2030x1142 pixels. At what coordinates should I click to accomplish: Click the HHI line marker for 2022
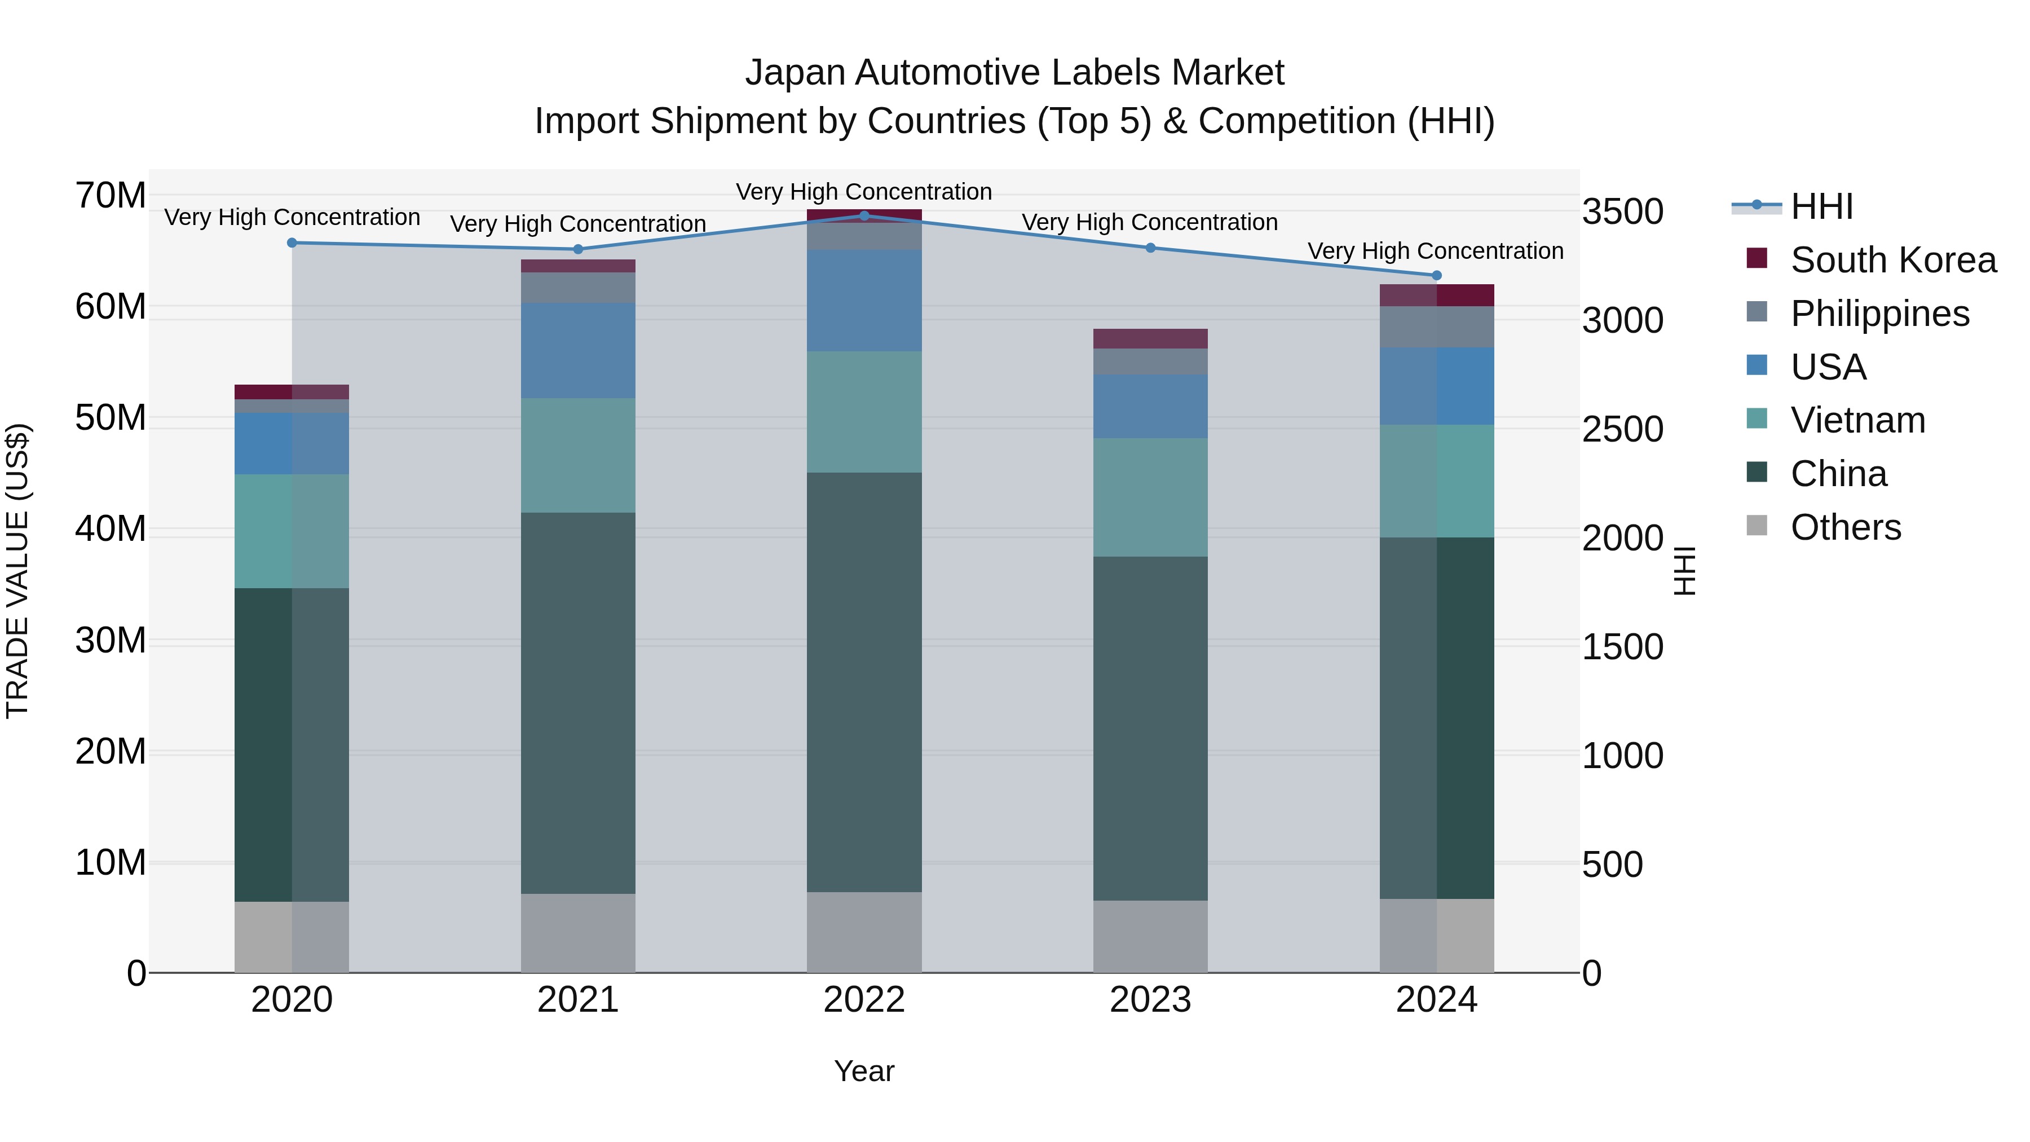point(864,215)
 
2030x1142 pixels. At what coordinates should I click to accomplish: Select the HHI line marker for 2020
point(292,242)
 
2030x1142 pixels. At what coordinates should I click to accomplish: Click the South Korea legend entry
point(1893,260)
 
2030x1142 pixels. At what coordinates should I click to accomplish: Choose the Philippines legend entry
point(1879,314)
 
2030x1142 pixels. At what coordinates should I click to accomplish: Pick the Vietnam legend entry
point(1857,420)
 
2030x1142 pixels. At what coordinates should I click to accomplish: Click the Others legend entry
point(1845,527)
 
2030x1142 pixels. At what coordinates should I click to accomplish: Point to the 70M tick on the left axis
point(111,196)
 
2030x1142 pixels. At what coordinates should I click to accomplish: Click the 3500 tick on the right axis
point(1622,212)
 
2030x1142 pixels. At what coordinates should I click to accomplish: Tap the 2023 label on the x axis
point(1150,1000)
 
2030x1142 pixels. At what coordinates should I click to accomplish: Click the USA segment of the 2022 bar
point(864,300)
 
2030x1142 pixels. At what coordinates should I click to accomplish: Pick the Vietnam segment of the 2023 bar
point(1150,497)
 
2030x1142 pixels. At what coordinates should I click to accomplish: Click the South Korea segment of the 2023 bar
point(1150,338)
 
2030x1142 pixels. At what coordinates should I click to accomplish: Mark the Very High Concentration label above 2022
point(864,192)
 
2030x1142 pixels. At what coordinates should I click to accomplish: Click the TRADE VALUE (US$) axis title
point(17,571)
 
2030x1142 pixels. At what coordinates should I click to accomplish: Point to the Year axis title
point(864,1071)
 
